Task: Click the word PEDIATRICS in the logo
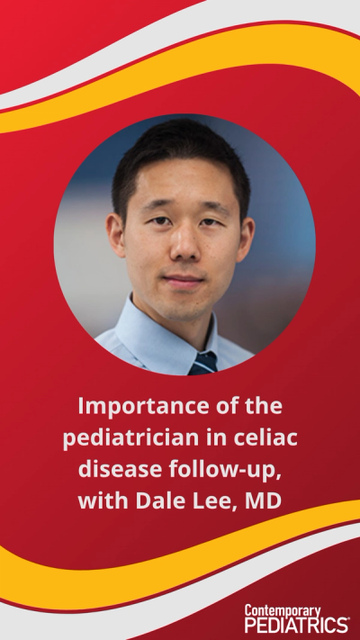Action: pos(295,625)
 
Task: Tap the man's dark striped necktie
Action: pos(202,363)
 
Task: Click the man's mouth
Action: pos(184,281)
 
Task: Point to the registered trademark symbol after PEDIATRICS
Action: pos(349,619)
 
